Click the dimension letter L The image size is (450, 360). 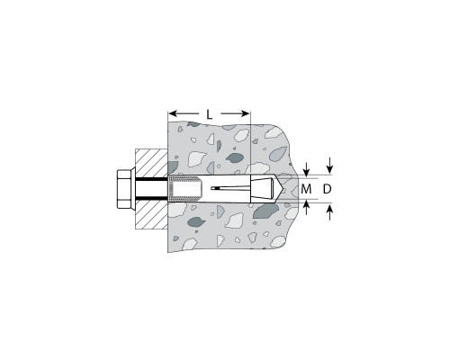[210, 114]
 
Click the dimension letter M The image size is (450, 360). [306, 189]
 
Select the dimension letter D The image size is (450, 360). [328, 189]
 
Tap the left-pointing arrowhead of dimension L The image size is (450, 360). [172, 113]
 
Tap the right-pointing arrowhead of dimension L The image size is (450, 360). [246, 113]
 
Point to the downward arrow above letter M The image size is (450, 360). [306, 169]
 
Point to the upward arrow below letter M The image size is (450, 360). [306, 208]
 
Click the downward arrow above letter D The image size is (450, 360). [330, 165]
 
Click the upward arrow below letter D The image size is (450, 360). [330, 212]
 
